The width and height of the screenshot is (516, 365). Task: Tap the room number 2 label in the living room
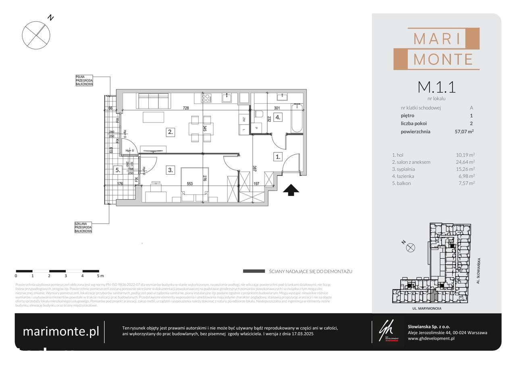click(x=171, y=131)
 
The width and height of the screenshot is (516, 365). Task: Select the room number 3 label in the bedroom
click(x=171, y=170)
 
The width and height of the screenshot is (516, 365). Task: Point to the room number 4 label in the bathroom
click(x=278, y=118)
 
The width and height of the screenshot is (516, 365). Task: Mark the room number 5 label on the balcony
click(x=117, y=170)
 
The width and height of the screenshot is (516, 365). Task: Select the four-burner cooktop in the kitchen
click(x=206, y=98)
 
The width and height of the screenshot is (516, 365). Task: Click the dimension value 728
click(x=186, y=108)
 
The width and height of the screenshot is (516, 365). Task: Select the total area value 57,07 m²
click(x=464, y=131)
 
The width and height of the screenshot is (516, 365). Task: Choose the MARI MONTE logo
click(x=437, y=48)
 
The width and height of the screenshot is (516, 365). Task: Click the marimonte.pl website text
click(x=60, y=332)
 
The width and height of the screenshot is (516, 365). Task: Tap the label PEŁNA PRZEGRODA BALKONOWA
click(x=84, y=81)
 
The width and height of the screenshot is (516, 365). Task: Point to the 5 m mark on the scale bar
click(x=99, y=276)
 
